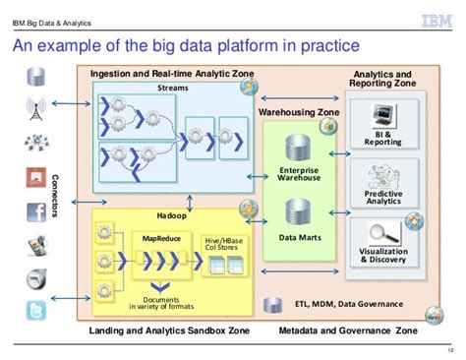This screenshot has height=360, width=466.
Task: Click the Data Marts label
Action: pyautogui.click(x=297, y=237)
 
